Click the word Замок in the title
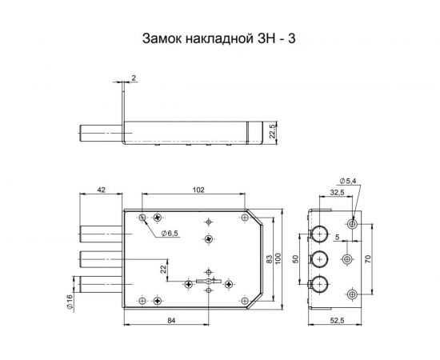(x=163, y=38)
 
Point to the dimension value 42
(x=101, y=190)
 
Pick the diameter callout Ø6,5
(x=170, y=233)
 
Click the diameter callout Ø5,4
(x=349, y=182)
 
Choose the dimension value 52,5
(x=337, y=321)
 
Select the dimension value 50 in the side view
(x=296, y=259)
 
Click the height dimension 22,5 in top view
(x=272, y=130)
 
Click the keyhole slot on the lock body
(x=206, y=282)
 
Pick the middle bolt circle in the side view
(x=319, y=259)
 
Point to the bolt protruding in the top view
(x=99, y=133)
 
